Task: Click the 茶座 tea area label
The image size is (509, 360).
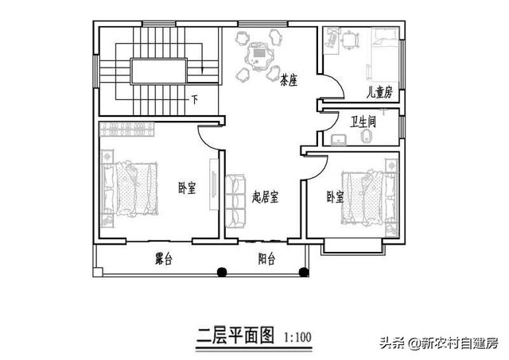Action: (x=289, y=79)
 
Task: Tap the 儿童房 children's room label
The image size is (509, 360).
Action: (x=379, y=92)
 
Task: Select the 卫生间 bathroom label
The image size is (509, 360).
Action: (x=363, y=122)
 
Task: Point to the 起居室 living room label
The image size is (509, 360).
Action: (x=265, y=196)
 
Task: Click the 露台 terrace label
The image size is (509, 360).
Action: (x=164, y=259)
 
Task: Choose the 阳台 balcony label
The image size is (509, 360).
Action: (x=267, y=259)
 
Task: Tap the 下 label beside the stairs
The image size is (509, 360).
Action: (x=194, y=99)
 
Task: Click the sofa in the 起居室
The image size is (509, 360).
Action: (x=235, y=201)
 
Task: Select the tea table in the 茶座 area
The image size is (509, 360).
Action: (x=258, y=57)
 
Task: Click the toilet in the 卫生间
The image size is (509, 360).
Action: (x=366, y=136)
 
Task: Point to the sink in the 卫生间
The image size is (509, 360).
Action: (x=339, y=140)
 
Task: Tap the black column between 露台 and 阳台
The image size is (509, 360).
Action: (x=221, y=272)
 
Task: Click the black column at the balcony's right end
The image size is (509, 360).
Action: (x=304, y=272)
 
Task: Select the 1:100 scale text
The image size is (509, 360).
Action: (x=297, y=337)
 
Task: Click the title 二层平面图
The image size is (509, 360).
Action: (x=235, y=335)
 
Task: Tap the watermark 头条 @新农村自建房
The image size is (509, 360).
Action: (x=439, y=343)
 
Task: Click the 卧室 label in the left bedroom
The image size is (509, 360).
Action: (x=188, y=188)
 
